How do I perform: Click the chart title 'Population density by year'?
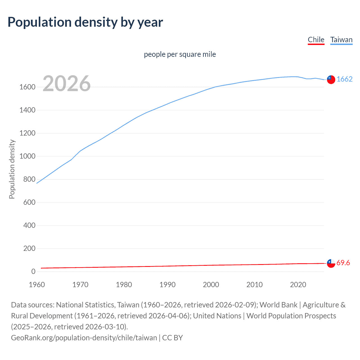[85, 22]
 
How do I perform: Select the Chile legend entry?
[316, 40]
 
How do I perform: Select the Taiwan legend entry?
[341, 40]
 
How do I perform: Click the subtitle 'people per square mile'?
[180, 54]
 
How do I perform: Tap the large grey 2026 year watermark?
[67, 84]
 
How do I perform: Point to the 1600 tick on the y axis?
[27, 87]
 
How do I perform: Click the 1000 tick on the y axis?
[27, 156]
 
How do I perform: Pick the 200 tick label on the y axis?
[29, 249]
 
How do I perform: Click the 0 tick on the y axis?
[33, 272]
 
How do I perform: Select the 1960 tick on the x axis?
[37, 285]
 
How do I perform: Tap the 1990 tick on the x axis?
[167, 285]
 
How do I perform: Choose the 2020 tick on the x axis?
[298, 285]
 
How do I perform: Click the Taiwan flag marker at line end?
[331, 80]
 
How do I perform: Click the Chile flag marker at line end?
[331, 264]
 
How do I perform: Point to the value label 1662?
[345, 79]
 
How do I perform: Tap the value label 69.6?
[343, 263]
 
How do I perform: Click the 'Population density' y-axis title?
[12, 169]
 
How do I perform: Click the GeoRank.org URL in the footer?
[84, 338]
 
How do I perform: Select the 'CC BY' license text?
[172, 338]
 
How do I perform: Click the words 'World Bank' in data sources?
[278, 305]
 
